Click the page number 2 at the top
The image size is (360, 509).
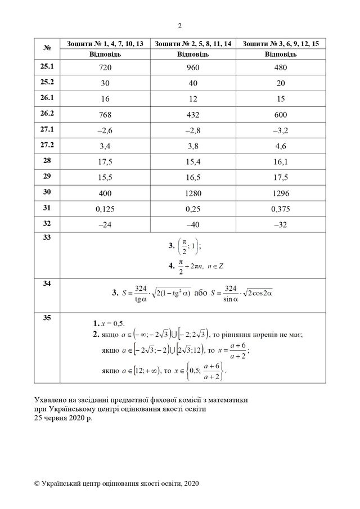click(x=179, y=25)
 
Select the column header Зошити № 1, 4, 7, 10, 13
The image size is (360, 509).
click(x=105, y=44)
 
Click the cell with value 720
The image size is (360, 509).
click(x=105, y=67)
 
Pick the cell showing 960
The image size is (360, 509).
click(x=193, y=67)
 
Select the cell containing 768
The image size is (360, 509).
click(x=105, y=115)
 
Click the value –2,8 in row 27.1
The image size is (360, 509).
click(x=193, y=130)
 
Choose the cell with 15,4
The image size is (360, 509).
click(x=193, y=161)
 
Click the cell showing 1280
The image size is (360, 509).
click(x=193, y=193)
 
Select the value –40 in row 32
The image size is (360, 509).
click(x=193, y=224)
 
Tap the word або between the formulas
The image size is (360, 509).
click(x=200, y=292)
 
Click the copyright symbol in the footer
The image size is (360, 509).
click(x=37, y=483)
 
